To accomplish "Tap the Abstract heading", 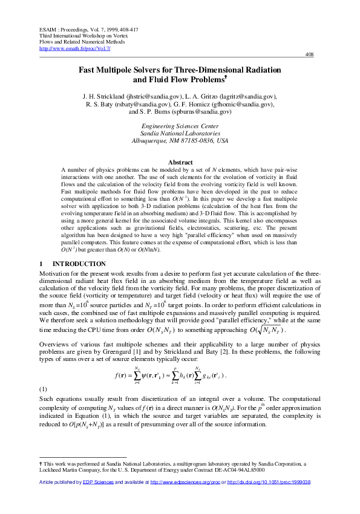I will (180, 162).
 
